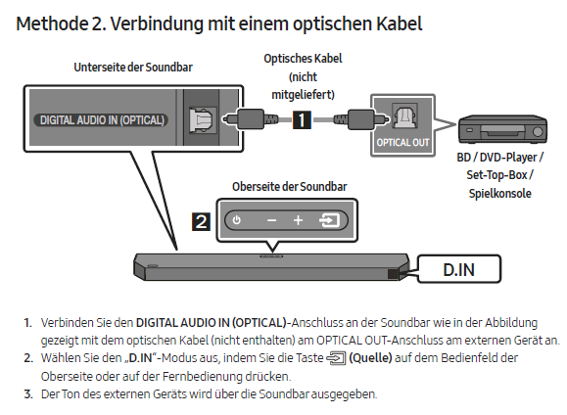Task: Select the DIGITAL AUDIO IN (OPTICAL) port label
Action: coord(103,121)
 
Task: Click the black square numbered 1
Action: coord(303,120)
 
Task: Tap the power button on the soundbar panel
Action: coord(237,221)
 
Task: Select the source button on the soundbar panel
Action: coord(328,221)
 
